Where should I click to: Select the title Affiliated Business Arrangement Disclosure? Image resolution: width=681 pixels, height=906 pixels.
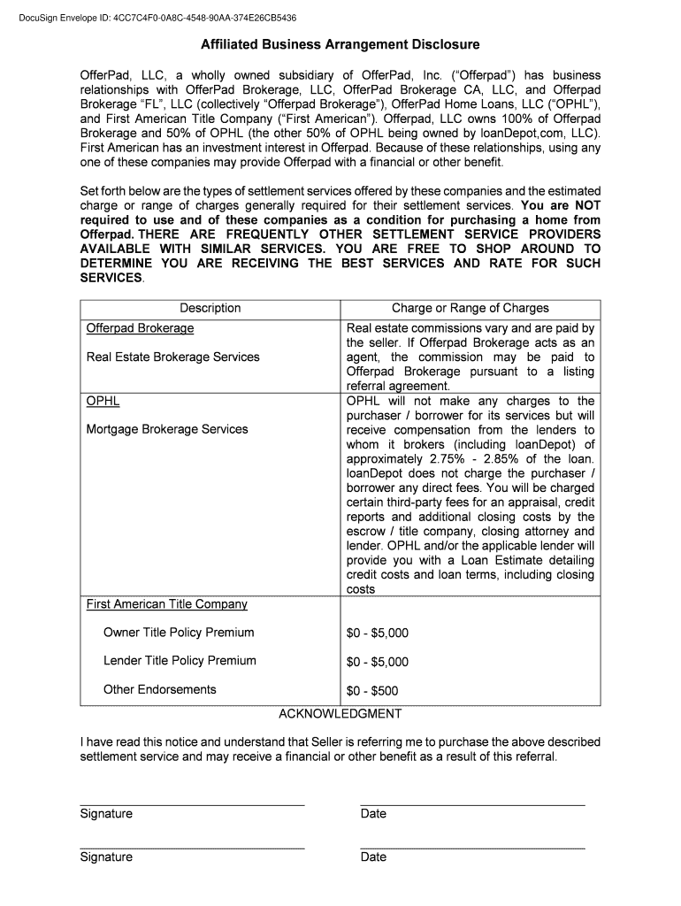tap(340, 44)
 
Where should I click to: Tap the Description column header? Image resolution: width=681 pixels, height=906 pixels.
tap(210, 308)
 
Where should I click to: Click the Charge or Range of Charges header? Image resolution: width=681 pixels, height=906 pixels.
tap(471, 308)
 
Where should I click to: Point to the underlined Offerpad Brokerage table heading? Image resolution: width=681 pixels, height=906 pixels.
tap(140, 328)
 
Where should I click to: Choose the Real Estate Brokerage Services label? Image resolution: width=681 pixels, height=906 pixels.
tap(173, 357)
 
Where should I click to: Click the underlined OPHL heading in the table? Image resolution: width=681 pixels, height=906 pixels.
tap(103, 401)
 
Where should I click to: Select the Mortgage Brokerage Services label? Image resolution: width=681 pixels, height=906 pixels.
tap(167, 429)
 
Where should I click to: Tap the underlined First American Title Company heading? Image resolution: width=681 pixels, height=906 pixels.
tap(166, 604)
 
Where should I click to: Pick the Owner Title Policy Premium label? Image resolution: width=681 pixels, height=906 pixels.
tap(179, 633)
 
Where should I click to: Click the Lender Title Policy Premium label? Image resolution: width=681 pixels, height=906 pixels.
tap(180, 661)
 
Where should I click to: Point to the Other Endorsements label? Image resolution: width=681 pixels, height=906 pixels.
tap(160, 690)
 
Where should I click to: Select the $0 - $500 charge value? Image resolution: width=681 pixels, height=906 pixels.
tap(372, 691)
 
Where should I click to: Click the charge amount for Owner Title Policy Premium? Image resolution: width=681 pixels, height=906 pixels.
tap(378, 633)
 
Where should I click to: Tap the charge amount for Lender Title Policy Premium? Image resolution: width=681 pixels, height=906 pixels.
tap(378, 662)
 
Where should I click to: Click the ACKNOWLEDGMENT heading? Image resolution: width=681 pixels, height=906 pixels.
tap(340, 714)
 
